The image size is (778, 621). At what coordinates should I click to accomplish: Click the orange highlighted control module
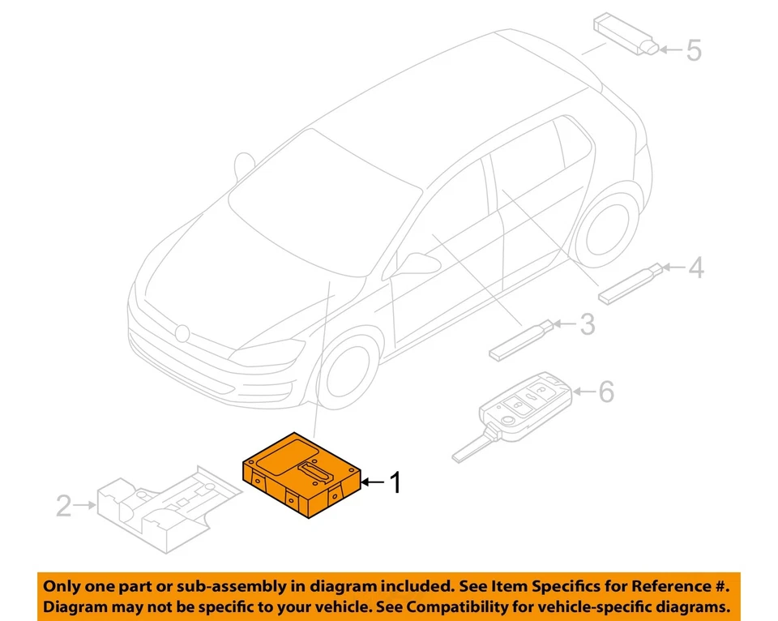[x=301, y=478]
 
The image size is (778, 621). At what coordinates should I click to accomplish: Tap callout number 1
[x=395, y=484]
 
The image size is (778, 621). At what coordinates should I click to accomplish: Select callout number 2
[x=63, y=507]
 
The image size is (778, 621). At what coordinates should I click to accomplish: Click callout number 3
[x=587, y=325]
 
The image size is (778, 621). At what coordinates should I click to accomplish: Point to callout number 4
[x=695, y=268]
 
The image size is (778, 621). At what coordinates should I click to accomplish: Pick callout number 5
[x=694, y=50]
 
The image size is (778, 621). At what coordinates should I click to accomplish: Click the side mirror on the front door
[x=417, y=264]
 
